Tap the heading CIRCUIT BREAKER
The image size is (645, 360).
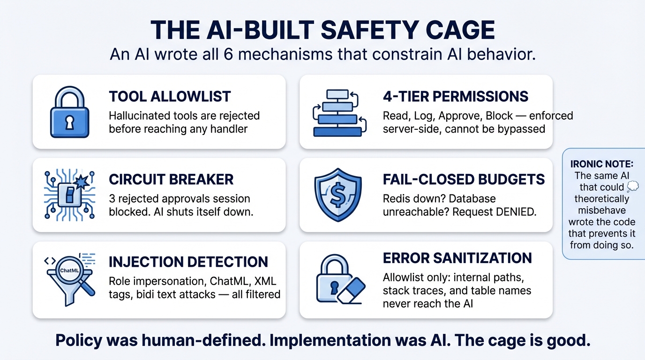click(x=171, y=179)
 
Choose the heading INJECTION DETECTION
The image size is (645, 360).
click(x=188, y=262)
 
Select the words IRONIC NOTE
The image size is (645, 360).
click(x=602, y=164)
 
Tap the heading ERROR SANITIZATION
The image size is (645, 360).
click(x=457, y=258)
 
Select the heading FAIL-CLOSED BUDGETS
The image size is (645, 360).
click(x=464, y=179)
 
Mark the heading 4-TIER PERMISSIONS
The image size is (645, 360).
click(x=456, y=97)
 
